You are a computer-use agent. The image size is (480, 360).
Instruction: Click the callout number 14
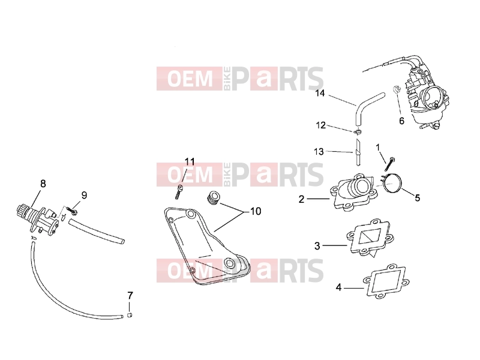tap(320, 93)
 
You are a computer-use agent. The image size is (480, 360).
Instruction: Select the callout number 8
tap(43, 184)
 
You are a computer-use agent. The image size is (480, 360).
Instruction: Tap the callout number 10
tap(256, 211)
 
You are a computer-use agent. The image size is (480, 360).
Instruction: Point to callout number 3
tap(317, 245)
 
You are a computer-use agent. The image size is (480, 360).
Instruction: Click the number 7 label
tap(130, 296)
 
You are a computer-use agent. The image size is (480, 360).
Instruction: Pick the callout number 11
tap(190, 161)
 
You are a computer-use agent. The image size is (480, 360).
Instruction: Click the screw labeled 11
tap(179, 192)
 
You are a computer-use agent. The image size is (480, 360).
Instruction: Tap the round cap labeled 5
tap(392, 183)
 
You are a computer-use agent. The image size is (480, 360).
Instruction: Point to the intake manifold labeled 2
tap(355, 192)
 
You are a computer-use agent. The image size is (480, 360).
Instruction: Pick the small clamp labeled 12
tap(357, 132)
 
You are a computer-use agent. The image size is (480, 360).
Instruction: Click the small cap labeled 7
tap(130, 316)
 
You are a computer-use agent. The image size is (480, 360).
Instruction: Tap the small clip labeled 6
tap(397, 89)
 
